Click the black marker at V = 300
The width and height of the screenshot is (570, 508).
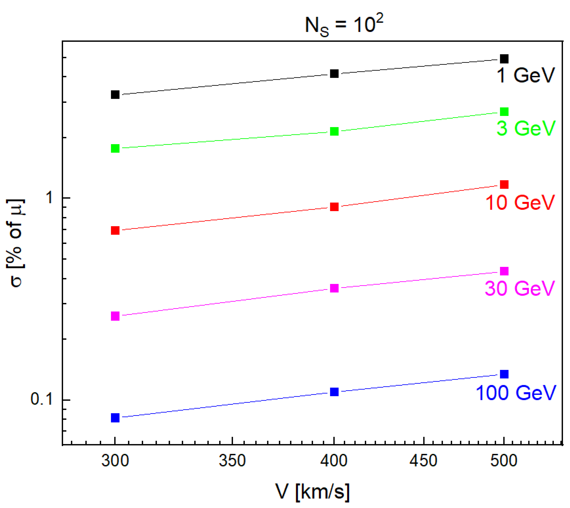(x=115, y=95)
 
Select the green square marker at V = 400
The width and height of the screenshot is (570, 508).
(x=334, y=131)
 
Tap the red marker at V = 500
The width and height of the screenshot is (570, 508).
(x=504, y=185)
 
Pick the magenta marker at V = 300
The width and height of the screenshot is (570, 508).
(x=115, y=316)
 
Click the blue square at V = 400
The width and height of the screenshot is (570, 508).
(x=334, y=392)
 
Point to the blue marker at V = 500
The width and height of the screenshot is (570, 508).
(x=504, y=374)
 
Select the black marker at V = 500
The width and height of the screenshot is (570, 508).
(x=504, y=59)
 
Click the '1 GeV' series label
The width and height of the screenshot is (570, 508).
(x=525, y=75)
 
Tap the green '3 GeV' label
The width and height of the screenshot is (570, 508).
(x=526, y=129)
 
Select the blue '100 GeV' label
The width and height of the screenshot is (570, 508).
(x=516, y=393)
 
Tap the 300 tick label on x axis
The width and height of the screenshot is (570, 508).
(x=115, y=461)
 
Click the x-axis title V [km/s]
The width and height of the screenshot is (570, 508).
(x=313, y=492)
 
